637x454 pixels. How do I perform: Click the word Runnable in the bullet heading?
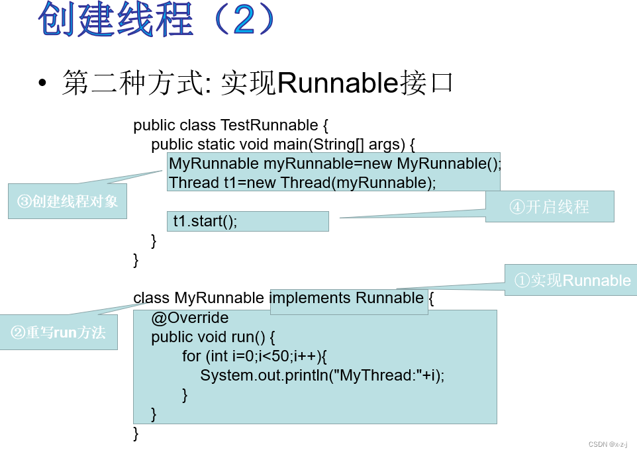click(336, 84)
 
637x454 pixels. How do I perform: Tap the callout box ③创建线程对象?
click(68, 201)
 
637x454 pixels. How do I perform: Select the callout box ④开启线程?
click(550, 206)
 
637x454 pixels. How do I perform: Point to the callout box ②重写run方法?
click(59, 332)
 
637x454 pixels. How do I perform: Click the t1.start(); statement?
click(205, 221)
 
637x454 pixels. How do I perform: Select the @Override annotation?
click(189, 318)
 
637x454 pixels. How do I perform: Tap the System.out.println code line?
click(322, 375)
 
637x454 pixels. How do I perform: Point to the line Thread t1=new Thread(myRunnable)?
click(303, 183)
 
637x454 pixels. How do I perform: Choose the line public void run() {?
click(212, 337)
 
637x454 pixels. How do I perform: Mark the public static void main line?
click(283, 144)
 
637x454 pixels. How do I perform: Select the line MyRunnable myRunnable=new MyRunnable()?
click(335, 163)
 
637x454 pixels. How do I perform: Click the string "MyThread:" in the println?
click(376, 375)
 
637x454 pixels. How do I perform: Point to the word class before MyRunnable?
click(152, 298)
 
